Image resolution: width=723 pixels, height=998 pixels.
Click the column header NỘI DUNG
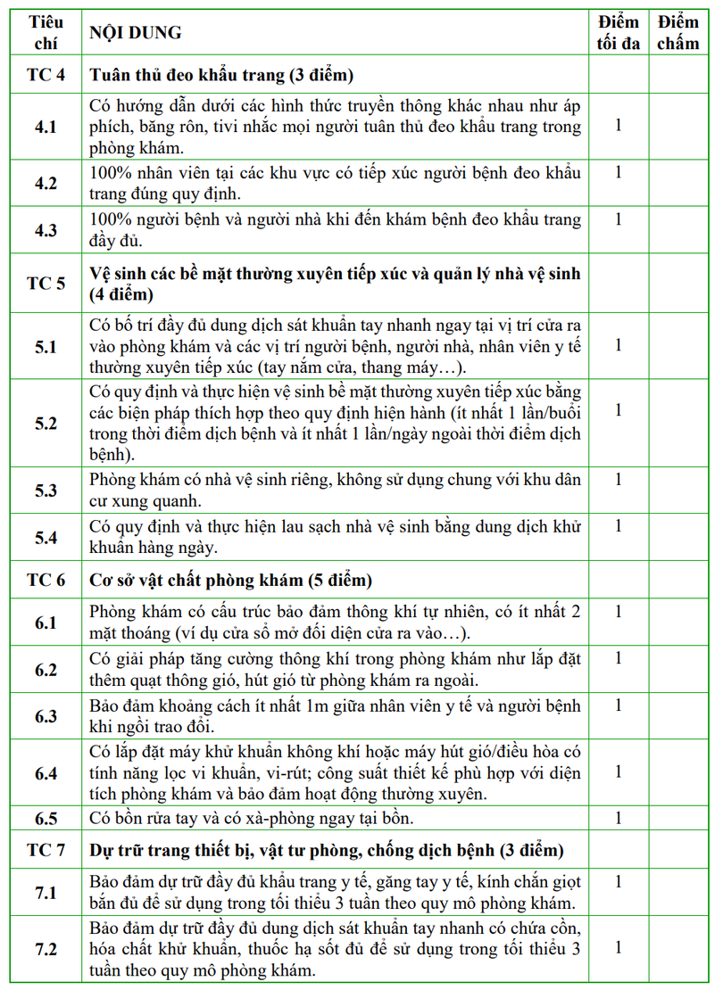click(x=134, y=33)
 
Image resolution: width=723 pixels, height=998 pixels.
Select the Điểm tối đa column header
click(x=618, y=33)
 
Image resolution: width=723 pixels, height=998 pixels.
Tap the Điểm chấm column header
click(x=677, y=33)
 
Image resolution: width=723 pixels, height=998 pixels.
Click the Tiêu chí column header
click(x=45, y=33)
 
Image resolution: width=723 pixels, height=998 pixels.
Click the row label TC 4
click(x=46, y=75)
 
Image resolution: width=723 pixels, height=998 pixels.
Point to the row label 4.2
click(x=46, y=183)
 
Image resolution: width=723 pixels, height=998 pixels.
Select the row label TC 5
click(x=46, y=284)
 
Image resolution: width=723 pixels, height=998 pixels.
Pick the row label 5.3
click(x=46, y=491)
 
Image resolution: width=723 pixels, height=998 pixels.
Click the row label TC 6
click(x=46, y=581)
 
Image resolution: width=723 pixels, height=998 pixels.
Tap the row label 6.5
click(x=46, y=818)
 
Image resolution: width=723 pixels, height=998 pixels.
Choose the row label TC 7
click(x=46, y=849)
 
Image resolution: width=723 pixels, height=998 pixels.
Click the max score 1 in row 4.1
click(x=618, y=124)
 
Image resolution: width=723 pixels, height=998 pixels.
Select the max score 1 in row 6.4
click(x=618, y=771)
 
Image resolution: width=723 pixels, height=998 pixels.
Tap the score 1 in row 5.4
click(x=618, y=526)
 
